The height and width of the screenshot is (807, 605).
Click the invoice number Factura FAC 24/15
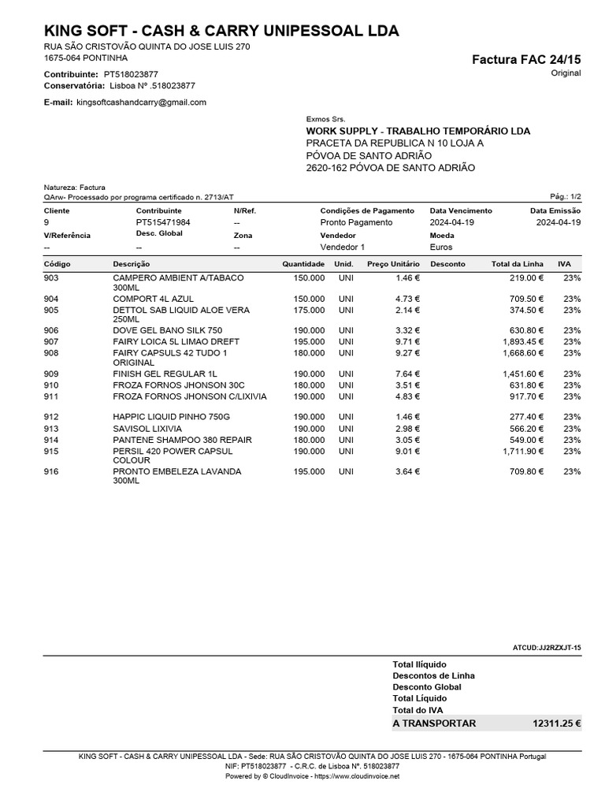point(525,59)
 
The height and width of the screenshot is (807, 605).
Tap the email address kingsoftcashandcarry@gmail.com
point(141,102)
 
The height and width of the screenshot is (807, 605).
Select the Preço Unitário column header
point(394,264)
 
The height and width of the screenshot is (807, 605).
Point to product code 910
point(51,385)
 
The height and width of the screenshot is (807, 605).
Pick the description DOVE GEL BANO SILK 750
point(167,330)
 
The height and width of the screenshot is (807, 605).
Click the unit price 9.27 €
point(407,353)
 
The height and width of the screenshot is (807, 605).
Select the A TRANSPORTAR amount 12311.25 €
point(556,723)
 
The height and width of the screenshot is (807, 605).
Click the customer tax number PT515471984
point(163,222)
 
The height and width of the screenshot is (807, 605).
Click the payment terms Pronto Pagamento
point(356,222)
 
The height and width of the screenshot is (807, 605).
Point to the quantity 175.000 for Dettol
point(308,311)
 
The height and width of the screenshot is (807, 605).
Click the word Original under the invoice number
point(566,73)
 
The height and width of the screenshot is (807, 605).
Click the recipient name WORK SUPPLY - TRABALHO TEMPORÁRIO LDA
point(418,131)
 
